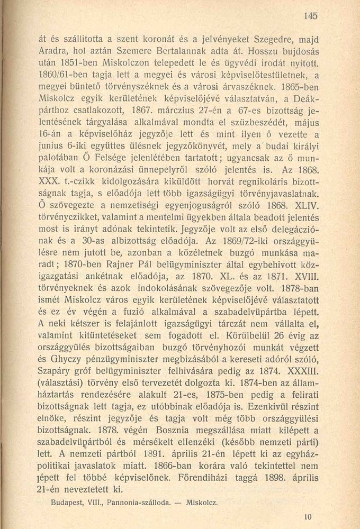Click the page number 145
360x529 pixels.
pyautogui.click(x=311, y=16)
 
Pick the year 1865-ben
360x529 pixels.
pyautogui.click(x=300, y=86)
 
